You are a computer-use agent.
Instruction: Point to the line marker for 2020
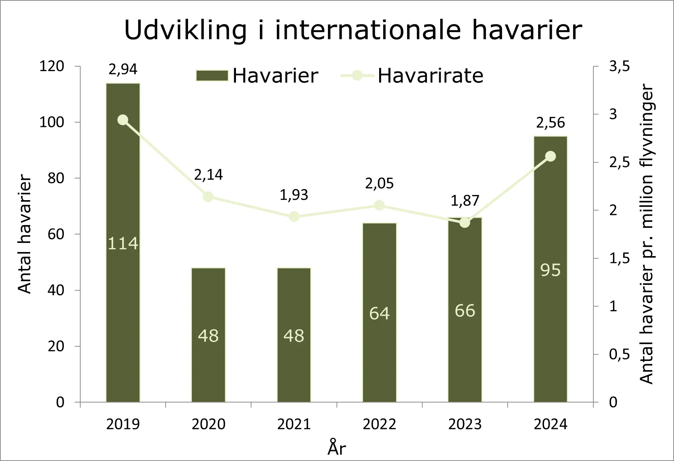click(208, 197)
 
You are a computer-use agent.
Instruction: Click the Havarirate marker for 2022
click(380, 205)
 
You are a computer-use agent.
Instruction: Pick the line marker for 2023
click(465, 223)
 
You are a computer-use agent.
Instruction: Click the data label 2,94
click(123, 69)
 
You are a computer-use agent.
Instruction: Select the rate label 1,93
click(294, 195)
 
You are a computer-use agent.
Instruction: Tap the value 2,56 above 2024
click(551, 123)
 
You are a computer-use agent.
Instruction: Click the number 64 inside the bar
click(380, 313)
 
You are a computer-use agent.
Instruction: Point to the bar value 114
click(123, 244)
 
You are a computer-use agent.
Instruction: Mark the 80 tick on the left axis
click(56, 178)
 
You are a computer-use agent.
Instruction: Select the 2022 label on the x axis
click(380, 424)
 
